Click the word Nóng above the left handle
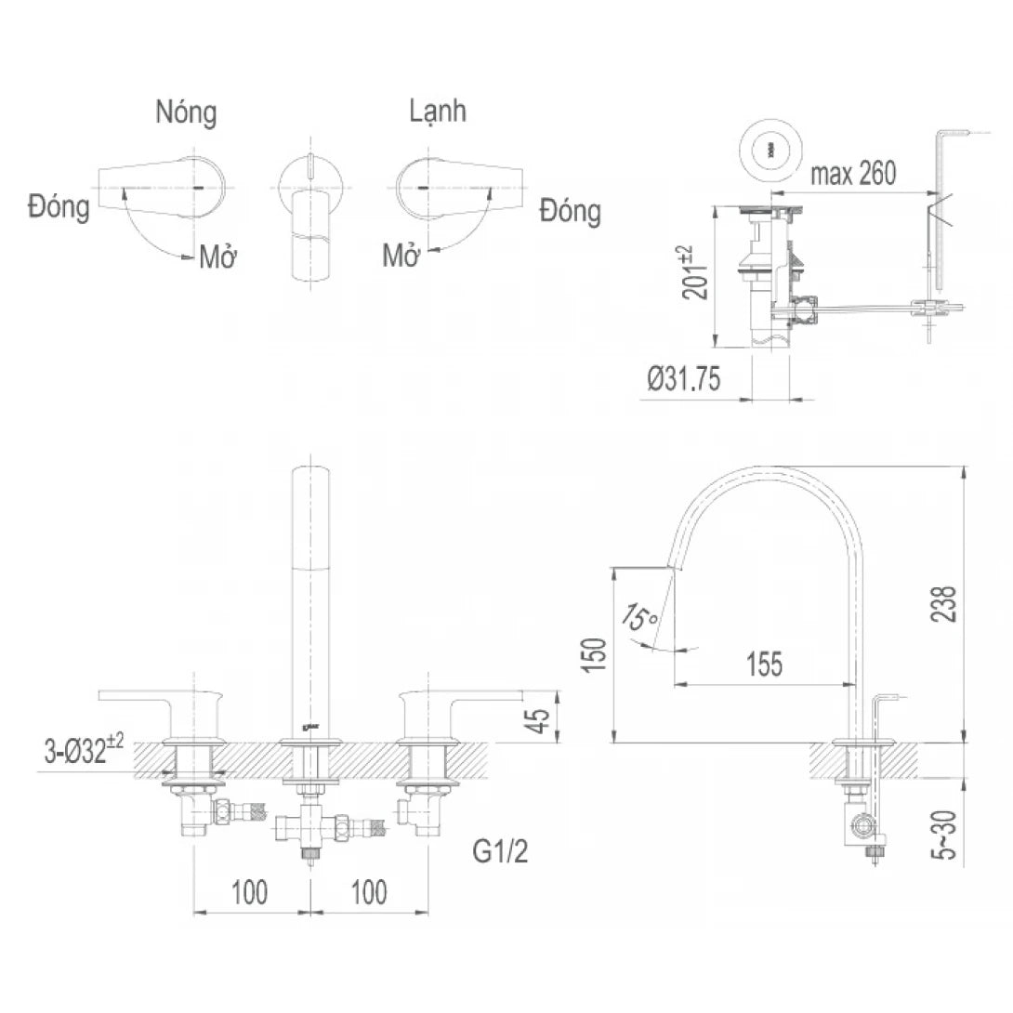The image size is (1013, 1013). point(186,113)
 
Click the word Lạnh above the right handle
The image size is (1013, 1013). point(437,112)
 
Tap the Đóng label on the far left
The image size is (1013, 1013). point(59,206)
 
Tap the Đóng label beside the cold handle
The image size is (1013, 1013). point(570,212)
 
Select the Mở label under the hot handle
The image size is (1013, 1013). point(219,257)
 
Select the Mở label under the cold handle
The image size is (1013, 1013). point(402,256)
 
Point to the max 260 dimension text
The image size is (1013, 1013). point(853,174)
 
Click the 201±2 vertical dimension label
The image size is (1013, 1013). point(696,271)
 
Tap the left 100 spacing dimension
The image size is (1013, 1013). point(249,892)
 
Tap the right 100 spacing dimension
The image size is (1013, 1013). point(369,892)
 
